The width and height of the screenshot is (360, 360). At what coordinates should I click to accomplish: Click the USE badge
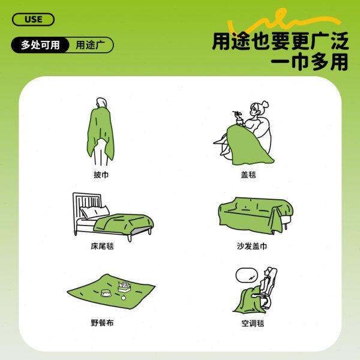pyautogui.click(x=33, y=19)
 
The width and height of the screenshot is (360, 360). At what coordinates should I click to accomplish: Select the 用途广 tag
pyautogui.click(x=90, y=45)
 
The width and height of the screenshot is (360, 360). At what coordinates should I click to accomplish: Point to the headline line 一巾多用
pyautogui.click(x=310, y=62)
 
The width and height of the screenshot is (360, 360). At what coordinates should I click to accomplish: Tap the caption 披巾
pyautogui.click(x=101, y=175)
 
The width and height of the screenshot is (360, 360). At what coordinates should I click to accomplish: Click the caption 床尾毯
pyautogui.click(x=101, y=246)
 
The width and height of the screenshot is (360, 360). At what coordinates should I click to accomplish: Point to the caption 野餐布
pyautogui.click(x=101, y=323)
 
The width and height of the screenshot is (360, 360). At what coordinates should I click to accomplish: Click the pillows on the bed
pyautogui.click(x=96, y=211)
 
